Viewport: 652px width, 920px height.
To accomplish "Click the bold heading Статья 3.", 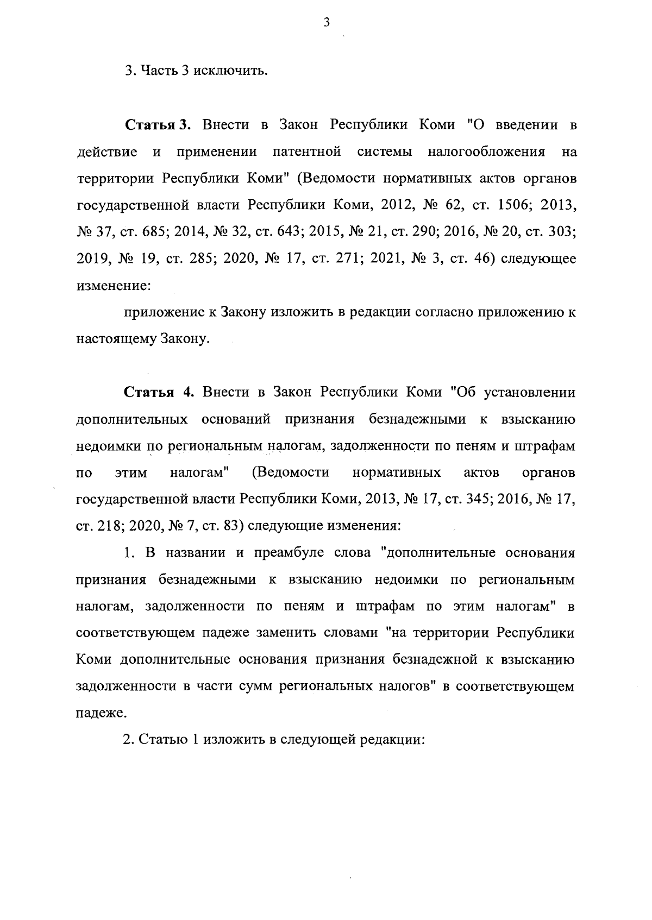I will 158,125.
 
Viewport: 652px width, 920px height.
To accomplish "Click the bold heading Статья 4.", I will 158,392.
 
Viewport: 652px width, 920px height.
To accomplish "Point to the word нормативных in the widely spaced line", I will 397,472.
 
